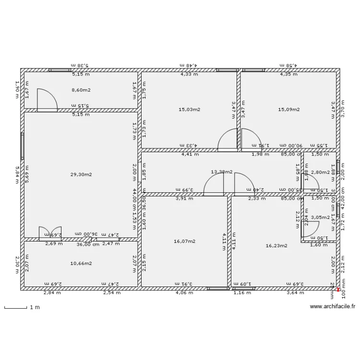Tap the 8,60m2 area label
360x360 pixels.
pyautogui.click(x=81, y=90)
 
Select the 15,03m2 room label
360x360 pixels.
pyautogui.click(x=189, y=109)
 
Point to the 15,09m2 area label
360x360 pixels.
pyautogui.click(x=289, y=109)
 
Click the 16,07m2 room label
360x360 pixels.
pyautogui.click(x=184, y=241)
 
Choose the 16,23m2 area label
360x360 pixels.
pyautogui.click(x=276, y=245)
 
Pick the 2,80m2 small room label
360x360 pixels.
pyautogui.click(x=320, y=172)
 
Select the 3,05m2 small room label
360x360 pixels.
pyautogui.click(x=320, y=217)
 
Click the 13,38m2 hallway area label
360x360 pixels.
pyautogui.click(x=221, y=171)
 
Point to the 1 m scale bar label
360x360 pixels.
pyautogui.click(x=34, y=307)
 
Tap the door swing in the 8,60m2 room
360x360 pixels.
pyautogui.click(x=48, y=100)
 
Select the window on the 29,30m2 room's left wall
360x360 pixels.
pyautogui.click(x=22, y=146)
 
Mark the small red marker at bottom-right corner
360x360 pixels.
pyautogui.click(x=338, y=290)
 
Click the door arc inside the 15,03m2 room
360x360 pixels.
pyautogui.click(x=228, y=140)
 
